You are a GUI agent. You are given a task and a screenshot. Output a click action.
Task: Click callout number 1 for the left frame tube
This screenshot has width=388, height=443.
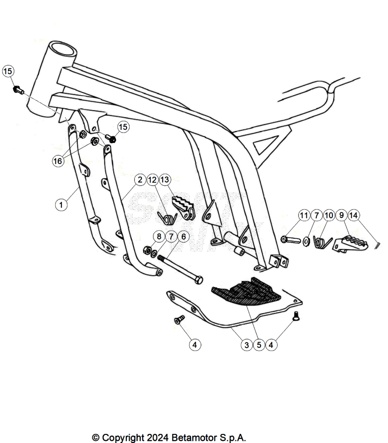coord(61,204)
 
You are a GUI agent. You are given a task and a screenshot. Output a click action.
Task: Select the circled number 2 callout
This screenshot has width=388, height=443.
coord(140,180)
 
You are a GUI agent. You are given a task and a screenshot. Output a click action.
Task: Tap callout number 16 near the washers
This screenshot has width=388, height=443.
coord(57,161)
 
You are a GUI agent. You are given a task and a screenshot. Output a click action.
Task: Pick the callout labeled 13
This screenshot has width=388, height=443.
coord(165,180)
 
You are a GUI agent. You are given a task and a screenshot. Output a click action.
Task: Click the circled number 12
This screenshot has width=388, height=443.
coord(153,180)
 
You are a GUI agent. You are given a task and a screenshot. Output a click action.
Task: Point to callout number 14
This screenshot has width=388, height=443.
coord(353,215)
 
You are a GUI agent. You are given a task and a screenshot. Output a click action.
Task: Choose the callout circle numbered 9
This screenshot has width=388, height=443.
coord(341,215)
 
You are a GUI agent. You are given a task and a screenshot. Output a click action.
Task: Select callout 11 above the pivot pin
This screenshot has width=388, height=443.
coord(304,215)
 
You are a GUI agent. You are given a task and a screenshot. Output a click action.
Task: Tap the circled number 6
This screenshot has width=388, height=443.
coord(184,236)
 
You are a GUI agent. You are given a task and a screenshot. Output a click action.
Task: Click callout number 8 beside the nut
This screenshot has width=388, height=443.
coord(159,236)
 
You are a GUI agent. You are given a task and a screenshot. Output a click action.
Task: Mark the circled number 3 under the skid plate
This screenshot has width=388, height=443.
coord(247,345)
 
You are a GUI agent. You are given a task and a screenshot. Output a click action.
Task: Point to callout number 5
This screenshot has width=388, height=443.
coord(259,345)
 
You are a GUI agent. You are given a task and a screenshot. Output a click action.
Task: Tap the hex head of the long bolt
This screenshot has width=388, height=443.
coord(199,280)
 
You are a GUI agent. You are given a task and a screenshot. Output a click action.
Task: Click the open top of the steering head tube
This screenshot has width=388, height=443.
coord(62,51)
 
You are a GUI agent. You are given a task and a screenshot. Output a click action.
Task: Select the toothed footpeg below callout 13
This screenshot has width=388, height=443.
coord(184,207)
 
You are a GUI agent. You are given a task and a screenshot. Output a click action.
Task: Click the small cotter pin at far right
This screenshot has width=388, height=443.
coord(378,245)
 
